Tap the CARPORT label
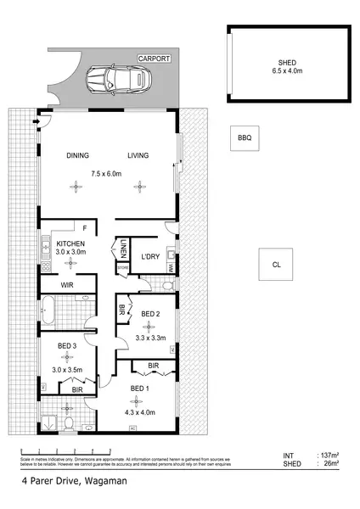coord(155,59)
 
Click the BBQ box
coord(244,137)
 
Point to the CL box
coord(276,265)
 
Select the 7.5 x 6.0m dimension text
coord(107,174)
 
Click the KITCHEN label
coord(71,244)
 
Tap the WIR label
coord(67,286)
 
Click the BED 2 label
coord(150,315)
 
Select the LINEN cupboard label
coord(124,251)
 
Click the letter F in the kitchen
coord(85,227)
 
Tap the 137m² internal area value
coord(327,456)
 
